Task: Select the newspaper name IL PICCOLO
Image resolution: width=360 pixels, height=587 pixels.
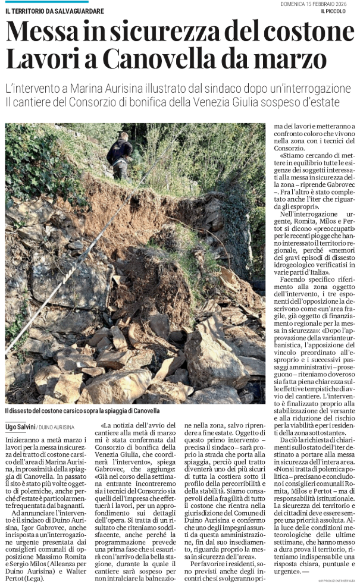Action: (x=339, y=12)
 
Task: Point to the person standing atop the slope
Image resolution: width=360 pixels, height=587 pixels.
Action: (x=120, y=153)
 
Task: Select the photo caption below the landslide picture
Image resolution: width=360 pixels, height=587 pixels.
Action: (x=83, y=411)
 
